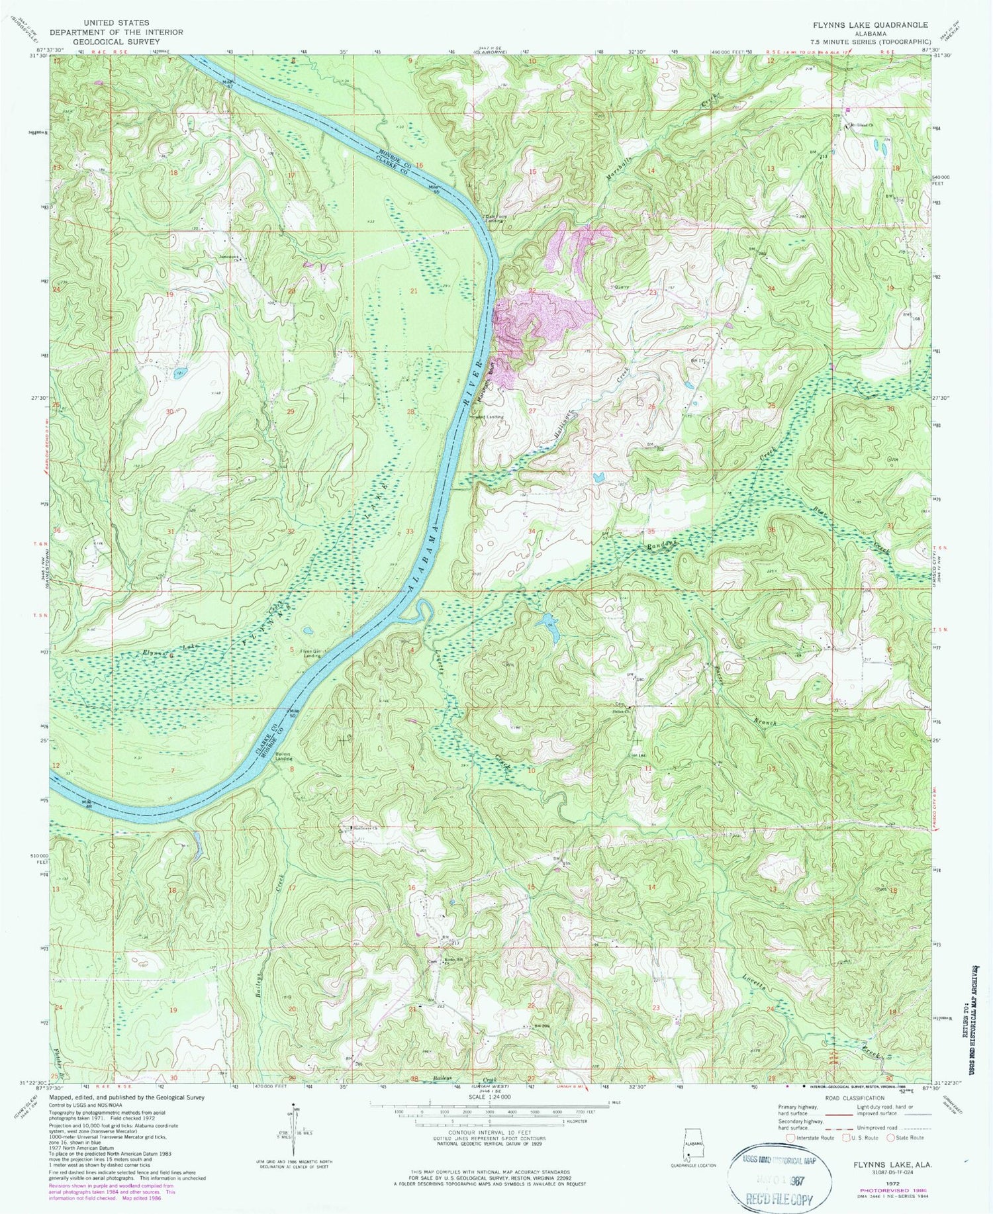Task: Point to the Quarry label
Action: pos(621,287)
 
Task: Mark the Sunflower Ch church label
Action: pos(363,828)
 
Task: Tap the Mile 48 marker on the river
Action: pos(87,802)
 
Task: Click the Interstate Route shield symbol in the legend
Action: pos(790,1137)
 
